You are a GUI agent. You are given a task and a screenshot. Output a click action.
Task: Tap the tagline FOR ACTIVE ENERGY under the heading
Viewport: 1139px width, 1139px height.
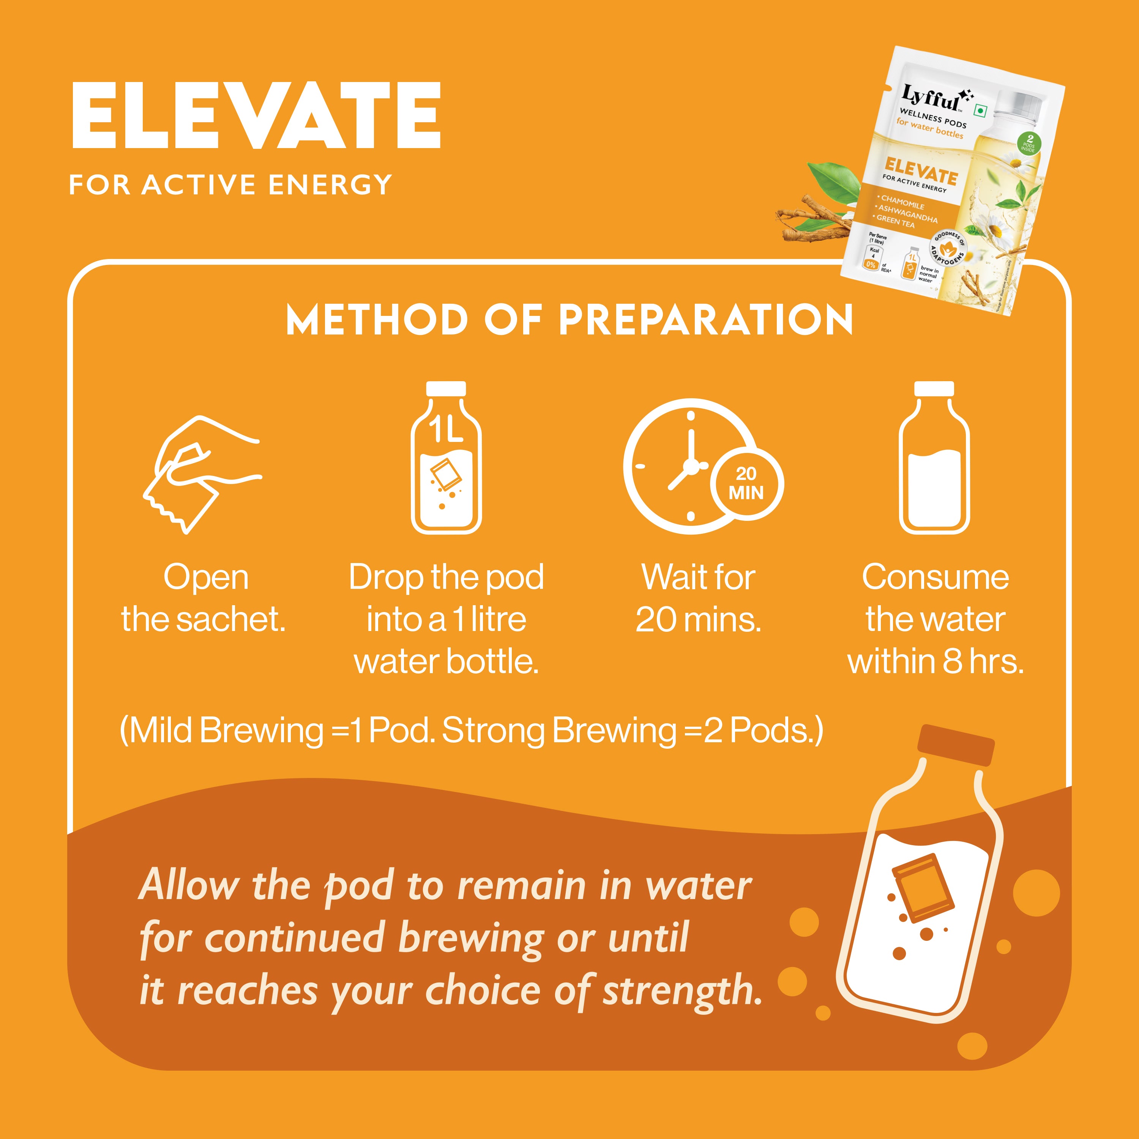click(230, 185)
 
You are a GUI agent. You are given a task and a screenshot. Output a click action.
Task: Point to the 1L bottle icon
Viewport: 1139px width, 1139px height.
click(446, 459)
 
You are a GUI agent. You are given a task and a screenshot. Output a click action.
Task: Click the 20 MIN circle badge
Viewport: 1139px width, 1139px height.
click(746, 483)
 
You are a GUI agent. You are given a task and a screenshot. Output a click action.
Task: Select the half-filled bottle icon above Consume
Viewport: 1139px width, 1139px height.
click(934, 459)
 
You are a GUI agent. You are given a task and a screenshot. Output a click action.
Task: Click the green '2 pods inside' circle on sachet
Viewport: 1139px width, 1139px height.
click(1029, 143)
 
